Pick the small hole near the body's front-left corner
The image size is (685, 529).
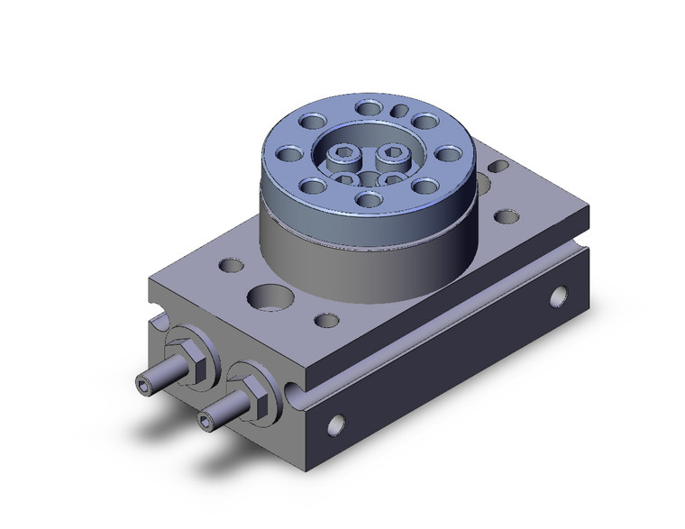click(x=231, y=266)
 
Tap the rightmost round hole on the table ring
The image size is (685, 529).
click(x=448, y=153)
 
